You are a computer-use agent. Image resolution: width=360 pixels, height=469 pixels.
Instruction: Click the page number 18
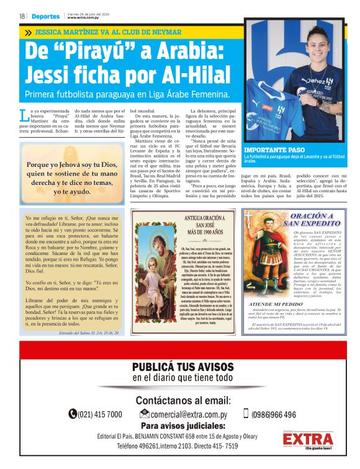click(22, 16)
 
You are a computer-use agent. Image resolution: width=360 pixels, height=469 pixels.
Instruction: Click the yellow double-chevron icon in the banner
click(29, 31)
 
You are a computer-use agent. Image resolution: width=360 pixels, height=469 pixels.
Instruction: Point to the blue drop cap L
click(24, 115)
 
